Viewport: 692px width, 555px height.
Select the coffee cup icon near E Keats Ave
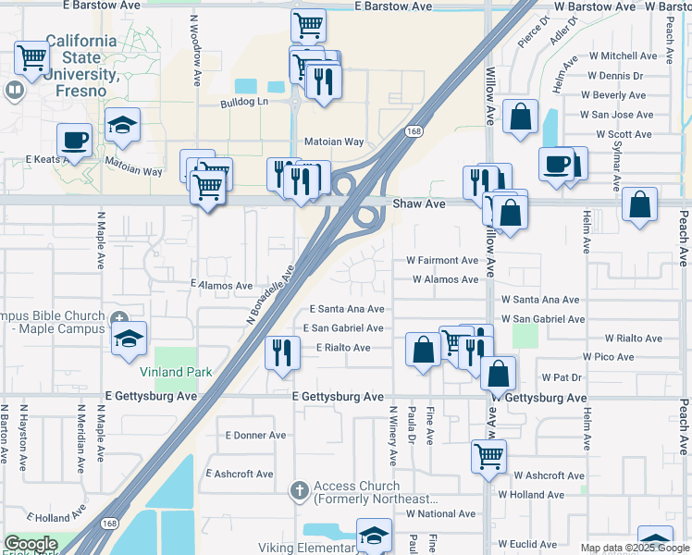(x=74, y=141)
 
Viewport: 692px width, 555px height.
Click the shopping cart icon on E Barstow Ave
(x=308, y=25)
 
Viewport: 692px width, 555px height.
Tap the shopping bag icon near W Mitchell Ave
(x=521, y=117)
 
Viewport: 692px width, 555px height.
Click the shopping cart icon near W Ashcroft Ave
(x=488, y=455)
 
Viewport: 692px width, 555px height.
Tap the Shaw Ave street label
(x=419, y=203)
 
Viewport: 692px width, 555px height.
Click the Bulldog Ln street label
(x=243, y=102)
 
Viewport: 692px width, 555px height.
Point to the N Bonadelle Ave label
(x=270, y=293)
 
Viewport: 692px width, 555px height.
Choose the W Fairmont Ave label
(x=442, y=260)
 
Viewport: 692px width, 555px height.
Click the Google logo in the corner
(x=30, y=543)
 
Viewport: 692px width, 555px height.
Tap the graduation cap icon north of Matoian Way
(x=122, y=126)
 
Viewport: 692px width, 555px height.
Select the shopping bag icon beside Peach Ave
(x=639, y=204)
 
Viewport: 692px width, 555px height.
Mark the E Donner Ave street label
(x=256, y=435)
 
